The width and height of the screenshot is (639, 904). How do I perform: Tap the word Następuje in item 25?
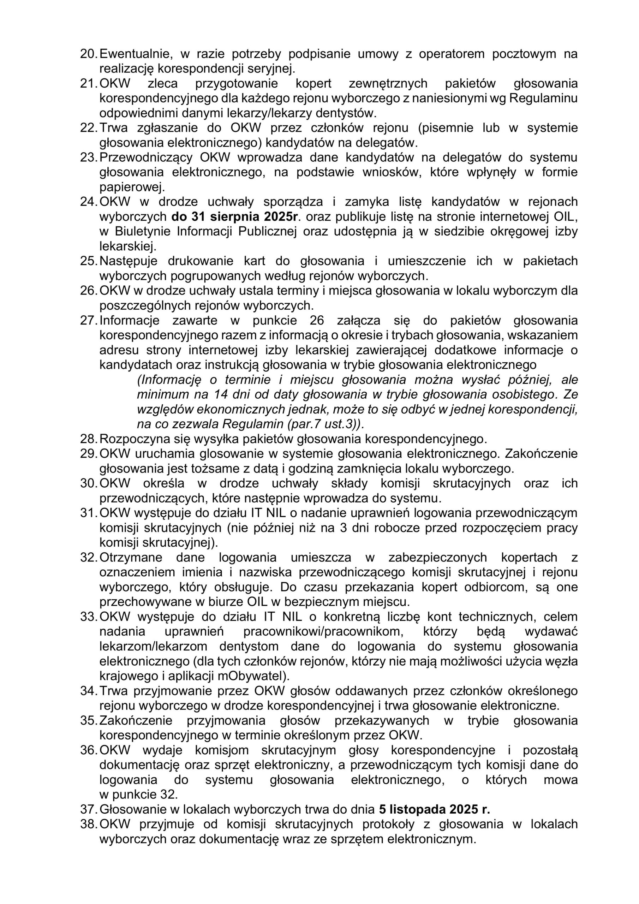coord(129,261)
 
